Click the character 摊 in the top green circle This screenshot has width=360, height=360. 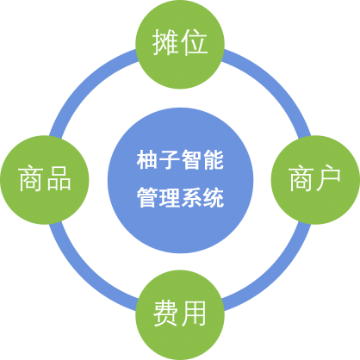click(x=164, y=42)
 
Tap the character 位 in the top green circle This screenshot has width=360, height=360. click(x=195, y=42)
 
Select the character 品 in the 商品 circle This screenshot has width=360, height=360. click(x=59, y=178)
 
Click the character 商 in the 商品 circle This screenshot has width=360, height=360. click(x=30, y=178)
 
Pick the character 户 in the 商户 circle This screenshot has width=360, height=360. click(x=328, y=178)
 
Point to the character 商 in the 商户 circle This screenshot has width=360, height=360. click(x=301, y=178)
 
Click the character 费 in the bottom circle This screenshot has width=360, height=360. click(x=165, y=313)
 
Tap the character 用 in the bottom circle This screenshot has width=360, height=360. click(x=194, y=313)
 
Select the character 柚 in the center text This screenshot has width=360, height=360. click(x=147, y=160)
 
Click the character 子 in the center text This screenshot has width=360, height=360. click(x=170, y=160)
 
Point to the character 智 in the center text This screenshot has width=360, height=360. click(x=191, y=160)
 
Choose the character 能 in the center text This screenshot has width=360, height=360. click(x=214, y=160)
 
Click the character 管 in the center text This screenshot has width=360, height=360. click(x=147, y=197)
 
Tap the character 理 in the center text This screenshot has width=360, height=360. click(x=170, y=197)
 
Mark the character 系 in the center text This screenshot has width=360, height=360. click(x=191, y=197)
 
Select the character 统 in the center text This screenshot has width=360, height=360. click(x=214, y=197)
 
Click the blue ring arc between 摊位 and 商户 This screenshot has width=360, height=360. click(x=275, y=85)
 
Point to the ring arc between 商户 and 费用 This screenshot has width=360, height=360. click(x=275, y=275)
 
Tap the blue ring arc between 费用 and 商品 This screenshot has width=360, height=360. click(x=85, y=275)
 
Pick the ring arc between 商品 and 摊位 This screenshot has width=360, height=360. click(x=85, y=85)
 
